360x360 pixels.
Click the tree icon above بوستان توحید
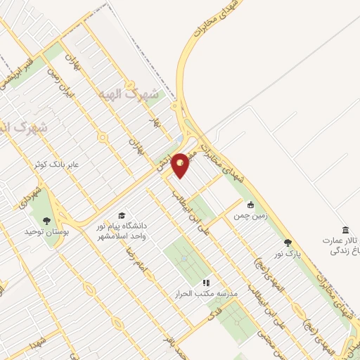[46, 219]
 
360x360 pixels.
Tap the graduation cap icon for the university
[121, 215]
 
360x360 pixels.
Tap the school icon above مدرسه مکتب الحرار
[207, 282]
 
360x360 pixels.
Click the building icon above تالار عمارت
[345, 230]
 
